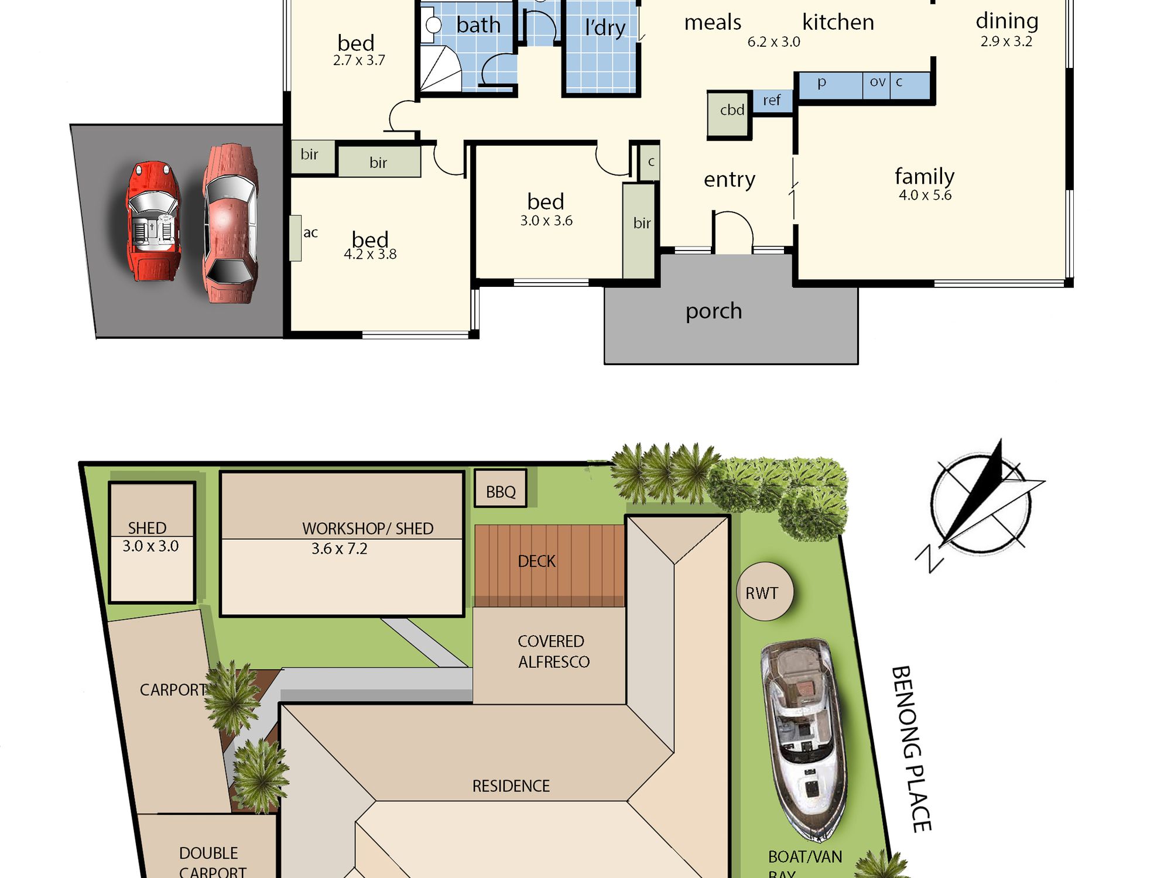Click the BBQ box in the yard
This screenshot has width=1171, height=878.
click(501, 488)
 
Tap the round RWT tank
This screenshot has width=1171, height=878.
click(765, 591)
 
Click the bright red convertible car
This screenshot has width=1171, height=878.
click(153, 221)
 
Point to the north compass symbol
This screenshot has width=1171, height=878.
click(981, 505)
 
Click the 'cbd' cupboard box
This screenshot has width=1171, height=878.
click(730, 115)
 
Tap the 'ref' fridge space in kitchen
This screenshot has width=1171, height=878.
click(772, 101)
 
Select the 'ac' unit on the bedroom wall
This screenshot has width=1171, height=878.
click(296, 238)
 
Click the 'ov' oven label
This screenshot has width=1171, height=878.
click(877, 82)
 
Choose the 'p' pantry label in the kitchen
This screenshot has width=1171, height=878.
click(822, 83)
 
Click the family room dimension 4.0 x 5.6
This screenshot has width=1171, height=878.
click(925, 196)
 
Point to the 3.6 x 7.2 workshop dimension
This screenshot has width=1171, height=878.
click(339, 549)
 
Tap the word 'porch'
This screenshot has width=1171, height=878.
click(714, 311)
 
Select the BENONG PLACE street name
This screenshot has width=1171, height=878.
click(911, 749)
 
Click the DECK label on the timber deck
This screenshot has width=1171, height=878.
click(536, 561)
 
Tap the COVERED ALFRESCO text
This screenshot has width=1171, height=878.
click(553, 651)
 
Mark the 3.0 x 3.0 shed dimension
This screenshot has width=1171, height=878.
click(150, 546)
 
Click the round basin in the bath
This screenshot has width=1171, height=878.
click(433, 25)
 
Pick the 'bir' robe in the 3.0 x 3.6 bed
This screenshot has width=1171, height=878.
click(639, 231)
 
